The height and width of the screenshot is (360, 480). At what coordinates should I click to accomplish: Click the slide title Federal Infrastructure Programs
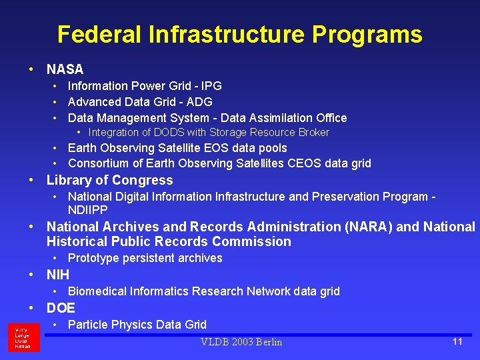tap(239, 35)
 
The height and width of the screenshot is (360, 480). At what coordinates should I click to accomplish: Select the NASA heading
tap(65, 69)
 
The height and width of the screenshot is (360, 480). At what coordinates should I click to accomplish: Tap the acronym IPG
tap(211, 86)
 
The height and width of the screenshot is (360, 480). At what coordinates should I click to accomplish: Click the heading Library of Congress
tap(109, 180)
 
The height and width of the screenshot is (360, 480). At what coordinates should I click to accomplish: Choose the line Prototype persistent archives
tap(145, 258)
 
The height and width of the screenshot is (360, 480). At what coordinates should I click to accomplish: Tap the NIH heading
tap(58, 275)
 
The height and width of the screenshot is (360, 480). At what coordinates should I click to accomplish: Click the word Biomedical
tap(95, 291)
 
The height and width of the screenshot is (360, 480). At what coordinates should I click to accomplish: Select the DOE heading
tap(61, 308)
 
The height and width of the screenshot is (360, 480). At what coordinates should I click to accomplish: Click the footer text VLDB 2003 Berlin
tap(241, 342)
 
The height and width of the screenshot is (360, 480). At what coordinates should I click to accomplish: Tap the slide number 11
tap(457, 341)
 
